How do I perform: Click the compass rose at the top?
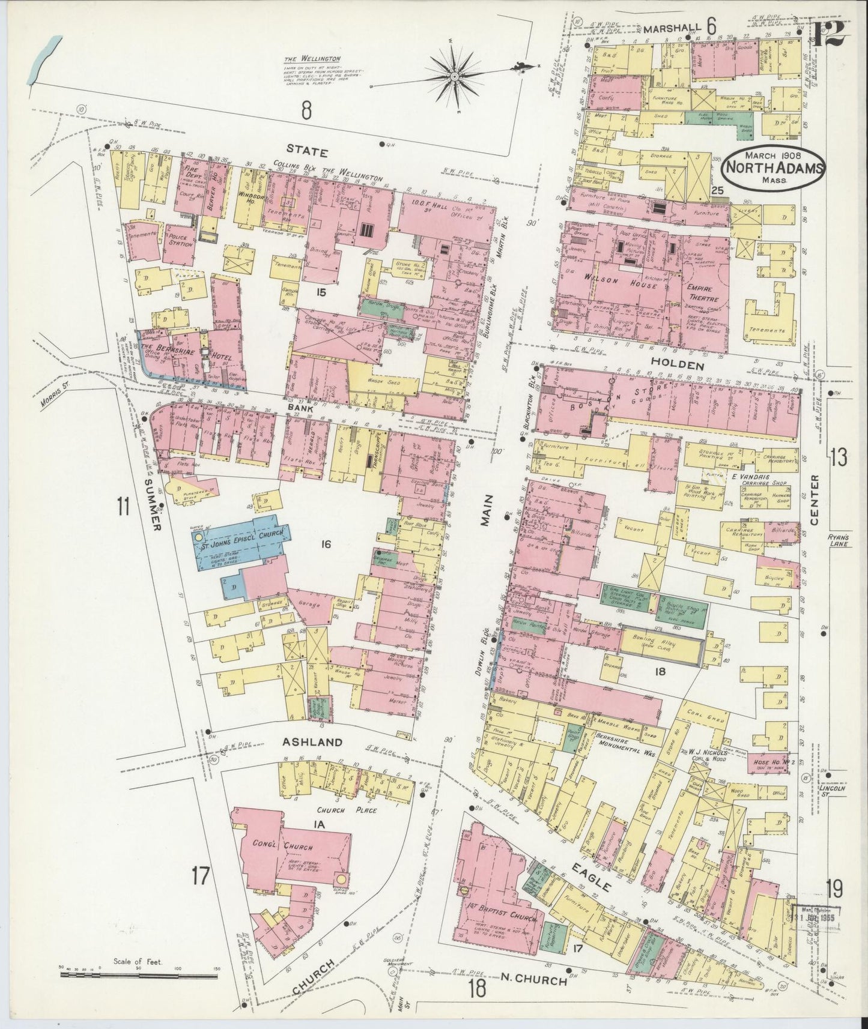455,76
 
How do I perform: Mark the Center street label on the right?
814,499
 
